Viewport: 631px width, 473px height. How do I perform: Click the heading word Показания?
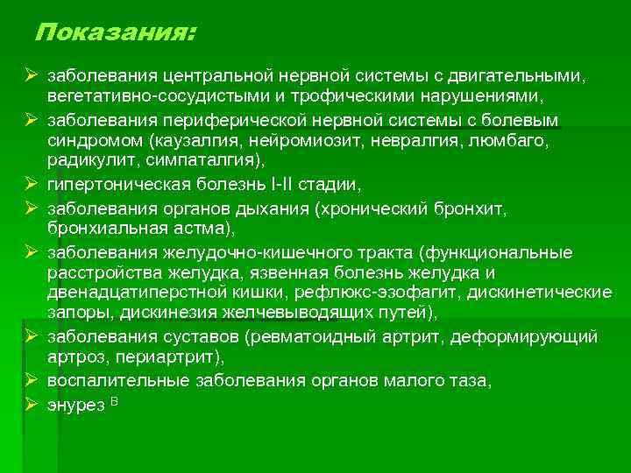tap(116, 33)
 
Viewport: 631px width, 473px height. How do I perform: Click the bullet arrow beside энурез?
tap(30, 405)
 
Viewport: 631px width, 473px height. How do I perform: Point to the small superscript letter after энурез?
tap(114, 400)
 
